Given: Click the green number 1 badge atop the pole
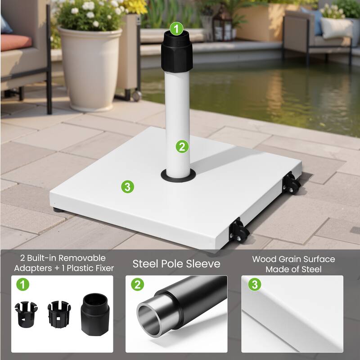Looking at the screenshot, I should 176,29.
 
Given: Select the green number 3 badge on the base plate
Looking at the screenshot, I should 128,187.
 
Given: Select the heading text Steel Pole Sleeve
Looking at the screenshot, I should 176,264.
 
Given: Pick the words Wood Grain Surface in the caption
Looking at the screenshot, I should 293,259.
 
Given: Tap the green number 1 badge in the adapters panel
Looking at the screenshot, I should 21,285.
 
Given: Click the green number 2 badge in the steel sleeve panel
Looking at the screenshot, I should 137,285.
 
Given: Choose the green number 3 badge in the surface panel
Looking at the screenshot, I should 255,285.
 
